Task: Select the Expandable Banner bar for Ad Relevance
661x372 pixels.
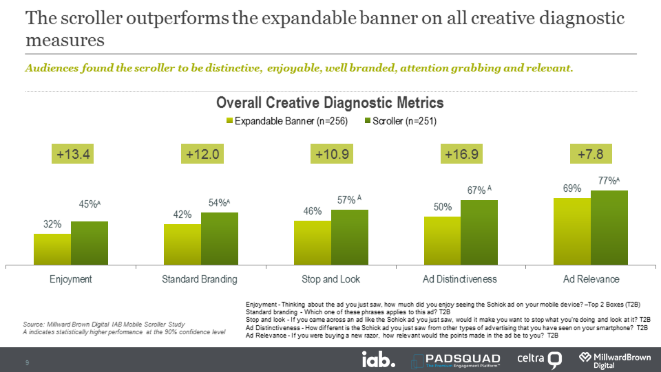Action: pos(572,231)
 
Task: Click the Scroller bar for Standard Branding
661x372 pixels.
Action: pos(220,239)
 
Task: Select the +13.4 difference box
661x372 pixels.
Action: pos(73,154)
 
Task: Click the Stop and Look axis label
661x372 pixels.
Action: pos(331,279)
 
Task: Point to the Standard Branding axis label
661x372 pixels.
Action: pos(200,279)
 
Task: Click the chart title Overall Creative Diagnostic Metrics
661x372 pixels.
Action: pos(330,103)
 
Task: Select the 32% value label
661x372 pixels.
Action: pos(53,224)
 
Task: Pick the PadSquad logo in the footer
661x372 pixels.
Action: pos(457,359)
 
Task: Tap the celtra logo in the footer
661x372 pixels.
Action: pos(540,359)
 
